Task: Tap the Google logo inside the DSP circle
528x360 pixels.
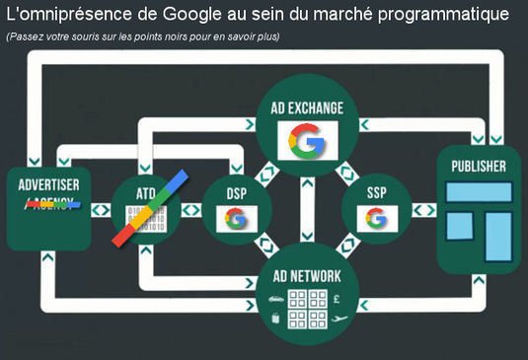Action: (x=235, y=218)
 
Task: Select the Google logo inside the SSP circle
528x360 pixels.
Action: (x=375, y=218)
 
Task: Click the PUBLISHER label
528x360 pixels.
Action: (x=478, y=166)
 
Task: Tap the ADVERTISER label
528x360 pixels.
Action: (x=48, y=183)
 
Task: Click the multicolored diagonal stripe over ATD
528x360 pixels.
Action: (x=149, y=209)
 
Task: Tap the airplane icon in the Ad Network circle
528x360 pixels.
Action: (x=340, y=318)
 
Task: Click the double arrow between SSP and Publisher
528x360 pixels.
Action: (x=423, y=210)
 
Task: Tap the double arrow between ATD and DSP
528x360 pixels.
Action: (x=190, y=210)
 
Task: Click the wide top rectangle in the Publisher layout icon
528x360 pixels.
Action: (x=479, y=192)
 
